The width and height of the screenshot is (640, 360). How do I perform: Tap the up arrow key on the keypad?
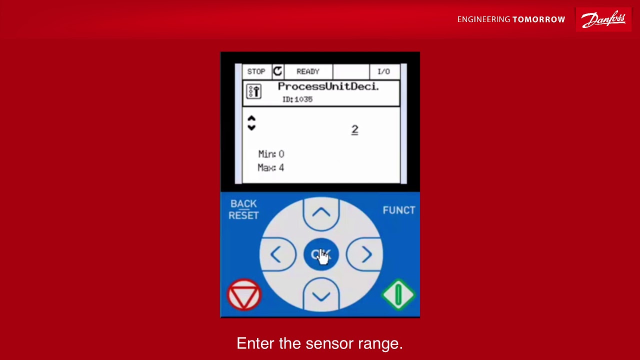[321, 213]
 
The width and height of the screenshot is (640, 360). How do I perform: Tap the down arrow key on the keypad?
[321, 295]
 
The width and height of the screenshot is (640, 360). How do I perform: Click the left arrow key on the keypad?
[277, 254]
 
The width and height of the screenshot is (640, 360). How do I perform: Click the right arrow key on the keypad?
[365, 254]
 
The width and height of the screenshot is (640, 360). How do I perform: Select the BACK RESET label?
[243, 209]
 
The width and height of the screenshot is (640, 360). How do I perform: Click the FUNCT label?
[399, 210]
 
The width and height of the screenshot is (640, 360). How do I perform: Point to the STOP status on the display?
[256, 71]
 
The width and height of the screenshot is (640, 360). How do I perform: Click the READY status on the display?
[307, 71]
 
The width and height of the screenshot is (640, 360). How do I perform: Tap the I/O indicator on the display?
[383, 71]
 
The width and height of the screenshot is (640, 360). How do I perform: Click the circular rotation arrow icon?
[277, 71]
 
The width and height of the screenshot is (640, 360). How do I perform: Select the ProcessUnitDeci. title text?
[328, 86]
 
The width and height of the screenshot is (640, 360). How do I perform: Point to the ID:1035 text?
[297, 99]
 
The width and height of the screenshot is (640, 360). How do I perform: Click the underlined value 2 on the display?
[354, 130]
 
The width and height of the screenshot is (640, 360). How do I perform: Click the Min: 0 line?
[271, 154]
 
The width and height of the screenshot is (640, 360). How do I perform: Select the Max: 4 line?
[271, 167]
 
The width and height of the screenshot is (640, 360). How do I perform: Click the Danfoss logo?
[603, 19]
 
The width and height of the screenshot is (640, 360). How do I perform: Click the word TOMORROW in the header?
[539, 19]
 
